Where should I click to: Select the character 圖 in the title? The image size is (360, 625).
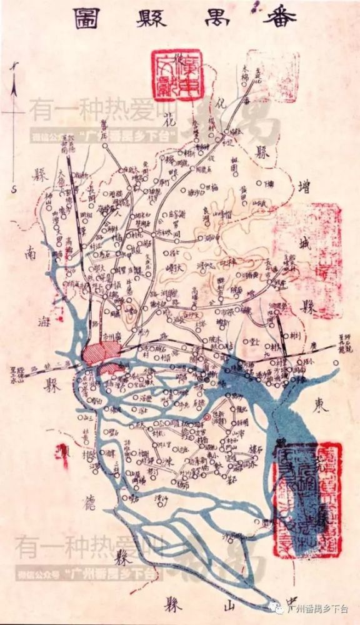click(x=84, y=18)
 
